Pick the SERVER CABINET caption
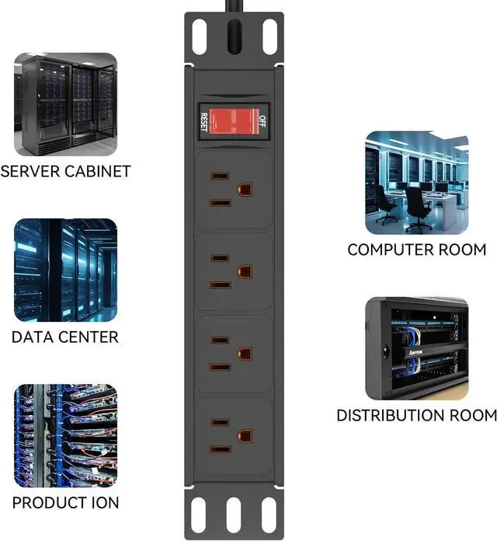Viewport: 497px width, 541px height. click(x=65, y=171)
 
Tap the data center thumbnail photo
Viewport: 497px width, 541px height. click(x=65, y=270)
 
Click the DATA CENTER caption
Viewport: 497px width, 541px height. click(x=65, y=337)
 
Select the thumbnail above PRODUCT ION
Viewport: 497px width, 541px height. click(x=65, y=435)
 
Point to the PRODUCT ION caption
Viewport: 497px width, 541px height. click(x=65, y=502)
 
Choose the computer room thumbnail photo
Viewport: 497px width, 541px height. click(x=417, y=183)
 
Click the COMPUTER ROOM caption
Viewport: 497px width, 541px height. click(x=417, y=250)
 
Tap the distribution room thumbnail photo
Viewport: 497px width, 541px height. click(x=417, y=347)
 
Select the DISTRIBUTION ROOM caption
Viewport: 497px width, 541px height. click(x=417, y=415)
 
